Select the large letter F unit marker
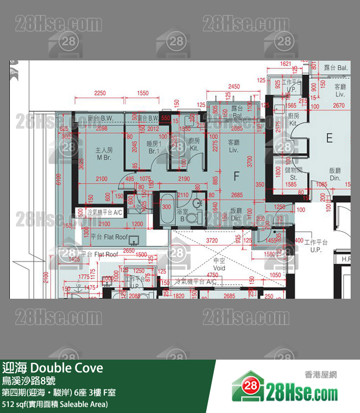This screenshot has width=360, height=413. click(237, 176)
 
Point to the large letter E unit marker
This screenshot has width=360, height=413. click(329, 138)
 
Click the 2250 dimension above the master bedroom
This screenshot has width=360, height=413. click(100, 93)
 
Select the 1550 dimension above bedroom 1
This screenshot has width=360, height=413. click(143, 93)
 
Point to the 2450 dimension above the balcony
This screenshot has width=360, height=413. click(233, 87)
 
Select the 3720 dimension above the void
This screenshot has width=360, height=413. click(212, 240)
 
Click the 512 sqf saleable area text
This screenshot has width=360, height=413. click(55, 404)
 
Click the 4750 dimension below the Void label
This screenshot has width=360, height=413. click(219, 275)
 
